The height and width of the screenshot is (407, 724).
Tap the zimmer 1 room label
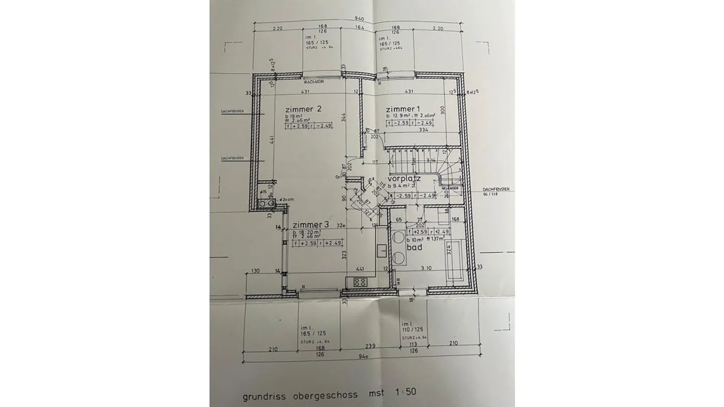coord(402,109)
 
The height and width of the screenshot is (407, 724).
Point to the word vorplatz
coord(404,179)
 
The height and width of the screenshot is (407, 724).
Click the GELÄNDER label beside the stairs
coord(450,188)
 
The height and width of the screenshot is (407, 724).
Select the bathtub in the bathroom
coord(455,260)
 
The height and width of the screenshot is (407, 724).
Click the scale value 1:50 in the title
coord(405,391)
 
